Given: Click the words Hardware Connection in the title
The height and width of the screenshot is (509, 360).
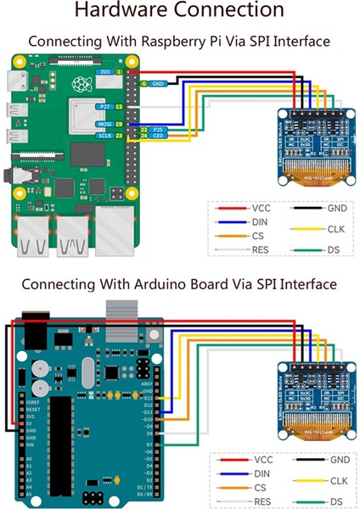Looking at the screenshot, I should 179,11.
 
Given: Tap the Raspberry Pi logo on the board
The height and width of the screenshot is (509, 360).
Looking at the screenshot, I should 82,84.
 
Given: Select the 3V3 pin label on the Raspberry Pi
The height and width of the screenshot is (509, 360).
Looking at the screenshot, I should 104,73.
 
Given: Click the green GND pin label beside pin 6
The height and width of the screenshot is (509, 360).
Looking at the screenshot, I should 156,84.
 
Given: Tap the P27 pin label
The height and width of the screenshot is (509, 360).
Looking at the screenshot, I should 104,107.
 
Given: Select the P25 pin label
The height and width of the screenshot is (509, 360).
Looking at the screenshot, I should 158,129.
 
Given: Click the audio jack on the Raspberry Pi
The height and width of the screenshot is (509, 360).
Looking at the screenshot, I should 12,176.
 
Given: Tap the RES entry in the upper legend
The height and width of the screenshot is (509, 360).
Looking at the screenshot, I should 261,249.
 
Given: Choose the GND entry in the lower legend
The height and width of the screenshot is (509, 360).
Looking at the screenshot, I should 337,458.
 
